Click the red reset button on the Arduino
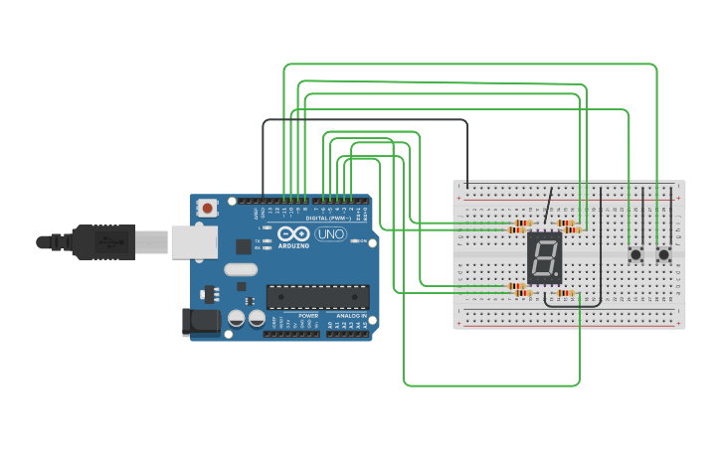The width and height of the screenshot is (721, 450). pos(208,208)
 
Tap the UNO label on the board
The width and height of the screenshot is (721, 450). pos(330,234)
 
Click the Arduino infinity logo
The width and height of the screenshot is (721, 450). pos(293,233)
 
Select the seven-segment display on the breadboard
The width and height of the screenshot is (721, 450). pos(544,257)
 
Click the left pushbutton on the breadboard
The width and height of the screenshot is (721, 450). pos(635,255)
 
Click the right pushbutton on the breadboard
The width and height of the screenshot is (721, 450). pos(663,255)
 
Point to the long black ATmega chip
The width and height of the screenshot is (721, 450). pos(317,296)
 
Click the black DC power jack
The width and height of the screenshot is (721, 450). pos(202,321)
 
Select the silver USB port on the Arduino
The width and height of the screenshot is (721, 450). pos(194,240)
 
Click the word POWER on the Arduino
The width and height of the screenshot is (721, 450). pos(307,315)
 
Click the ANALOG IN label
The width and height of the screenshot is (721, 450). pos(351,315)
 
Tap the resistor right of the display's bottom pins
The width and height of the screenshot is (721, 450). pos(567,293)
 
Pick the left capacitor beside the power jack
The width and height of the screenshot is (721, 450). pos(237,319)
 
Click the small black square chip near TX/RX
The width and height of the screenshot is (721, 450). pos(243,245)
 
